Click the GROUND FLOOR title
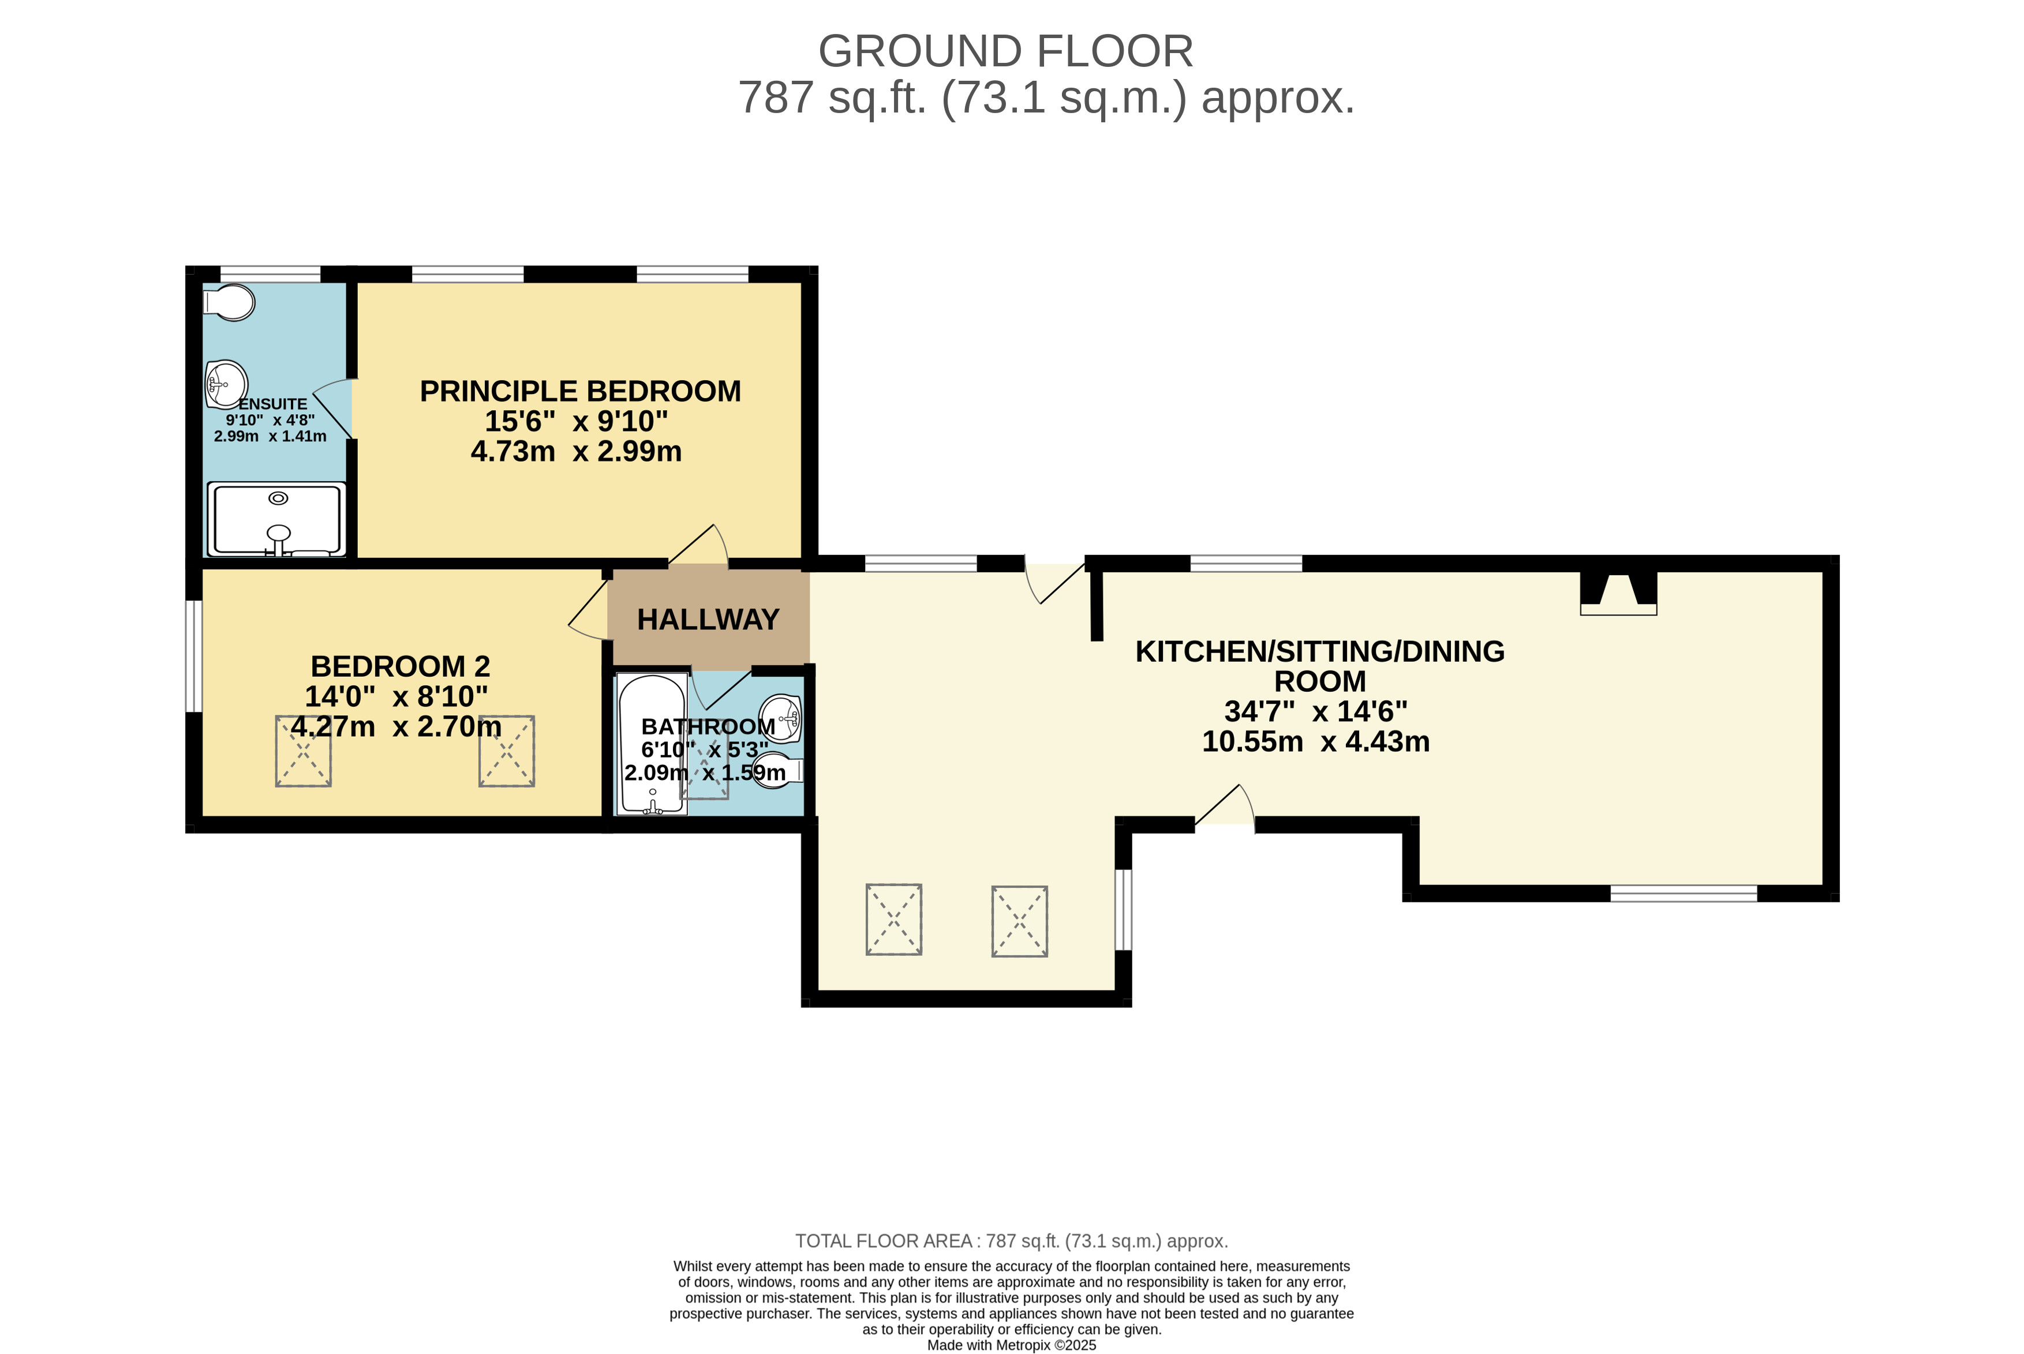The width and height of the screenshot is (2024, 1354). click(x=1005, y=52)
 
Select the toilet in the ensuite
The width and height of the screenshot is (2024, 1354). click(x=229, y=302)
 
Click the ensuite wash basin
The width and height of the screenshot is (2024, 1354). click(x=226, y=384)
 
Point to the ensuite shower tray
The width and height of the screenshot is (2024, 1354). click(x=276, y=520)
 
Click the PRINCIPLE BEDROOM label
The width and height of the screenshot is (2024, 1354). click(x=581, y=391)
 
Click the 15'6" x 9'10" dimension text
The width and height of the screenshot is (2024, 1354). click(x=576, y=421)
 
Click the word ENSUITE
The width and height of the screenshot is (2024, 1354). click(x=273, y=404)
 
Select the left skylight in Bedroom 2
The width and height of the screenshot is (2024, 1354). click(x=303, y=751)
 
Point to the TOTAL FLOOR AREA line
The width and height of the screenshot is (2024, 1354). click(x=1012, y=1241)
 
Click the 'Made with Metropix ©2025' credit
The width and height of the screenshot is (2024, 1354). click(x=1012, y=1345)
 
